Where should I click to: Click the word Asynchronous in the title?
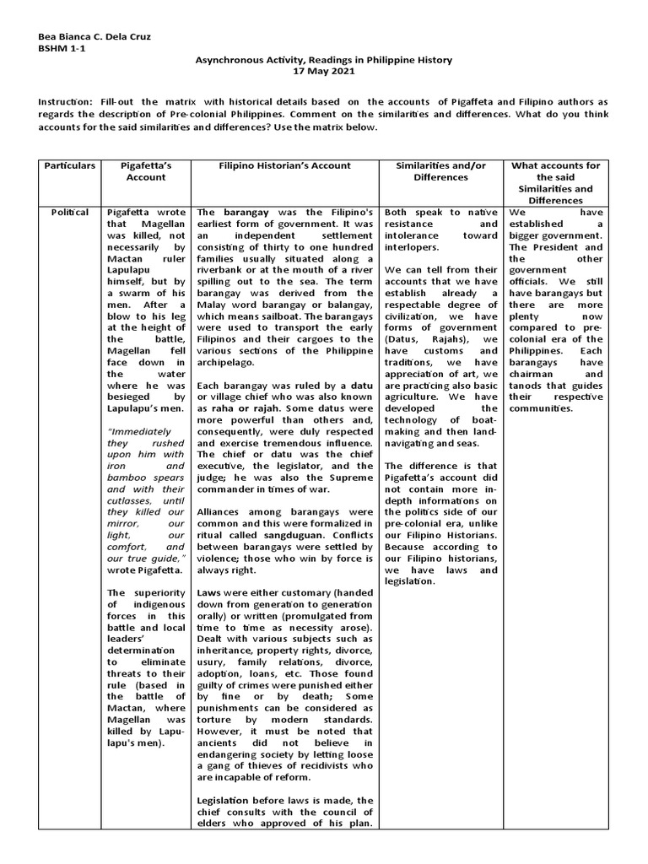click(x=232, y=60)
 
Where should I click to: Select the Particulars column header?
click(x=70, y=165)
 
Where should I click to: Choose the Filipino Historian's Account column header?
click(x=286, y=165)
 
